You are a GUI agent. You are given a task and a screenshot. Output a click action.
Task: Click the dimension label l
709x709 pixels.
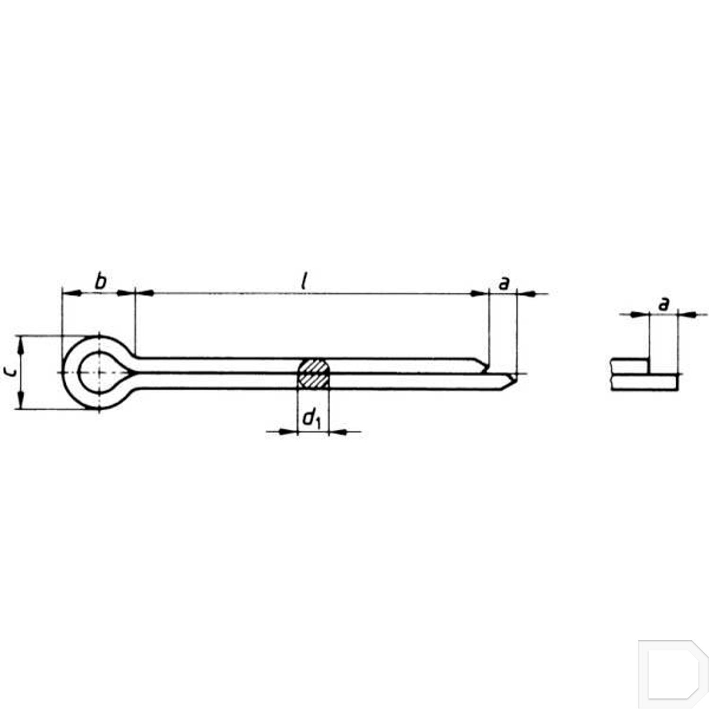coord(305,282)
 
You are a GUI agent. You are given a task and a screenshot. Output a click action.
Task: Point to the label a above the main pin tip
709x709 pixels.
coord(504,283)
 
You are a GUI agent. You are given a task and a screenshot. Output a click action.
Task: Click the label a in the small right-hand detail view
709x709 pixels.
coord(664,304)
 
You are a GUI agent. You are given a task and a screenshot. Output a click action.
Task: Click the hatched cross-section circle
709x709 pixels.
coord(313,373)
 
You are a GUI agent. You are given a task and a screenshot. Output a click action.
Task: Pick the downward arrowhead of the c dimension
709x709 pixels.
coord(20,401)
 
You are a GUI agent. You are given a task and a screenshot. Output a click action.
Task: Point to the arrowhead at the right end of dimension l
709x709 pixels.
coord(478,294)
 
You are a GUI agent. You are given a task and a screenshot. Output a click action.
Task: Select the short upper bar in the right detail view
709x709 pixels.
coord(629,366)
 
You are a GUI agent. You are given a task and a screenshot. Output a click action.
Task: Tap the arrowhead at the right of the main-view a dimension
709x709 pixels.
coord(528,294)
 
